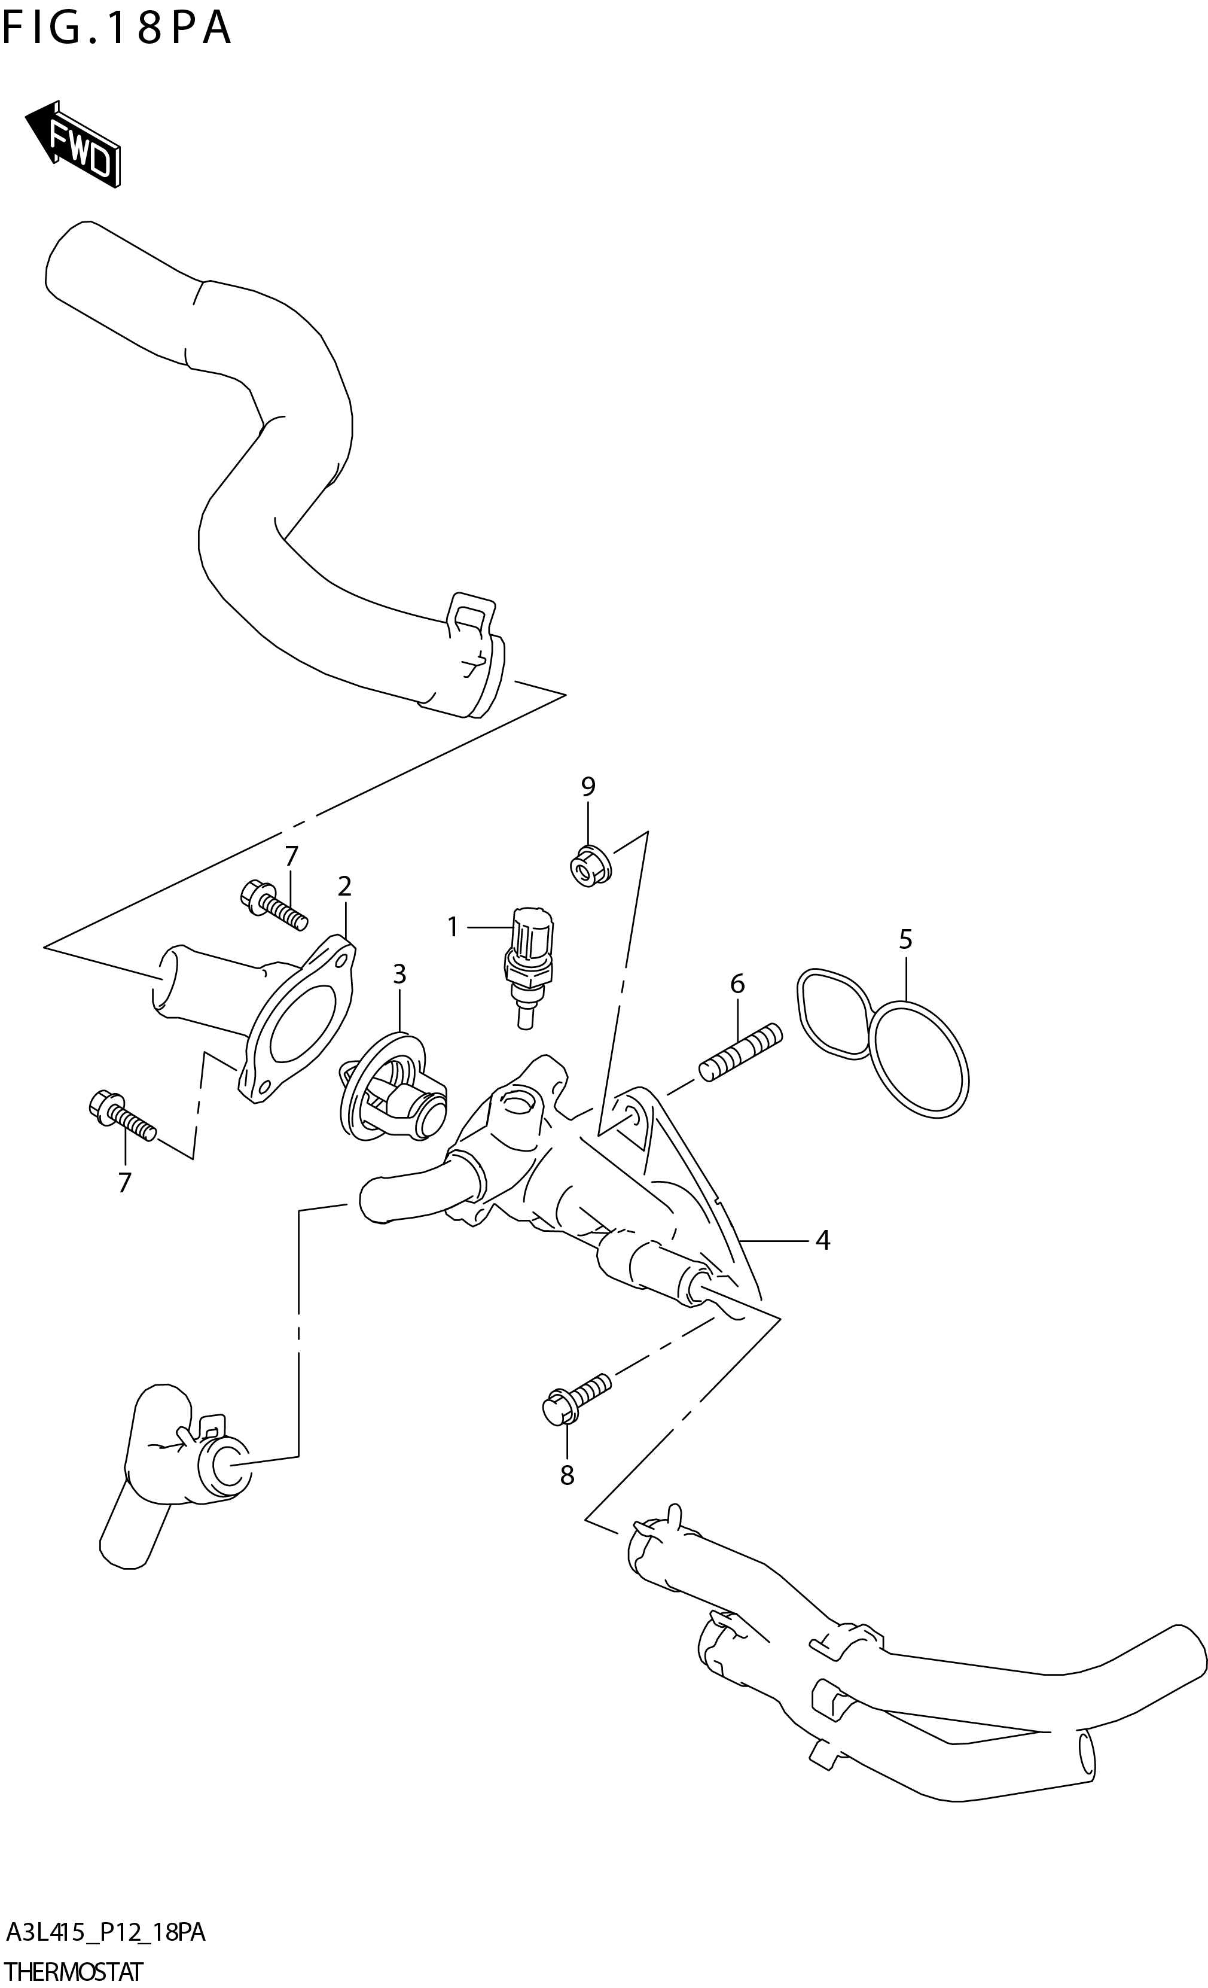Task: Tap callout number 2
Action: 345,886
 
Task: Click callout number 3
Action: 399,974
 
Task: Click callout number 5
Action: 905,939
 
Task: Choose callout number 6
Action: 737,984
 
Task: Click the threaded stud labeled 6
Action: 740,1051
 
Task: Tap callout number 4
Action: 822,1240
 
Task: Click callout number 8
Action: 567,1475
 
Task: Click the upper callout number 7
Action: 291,856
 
